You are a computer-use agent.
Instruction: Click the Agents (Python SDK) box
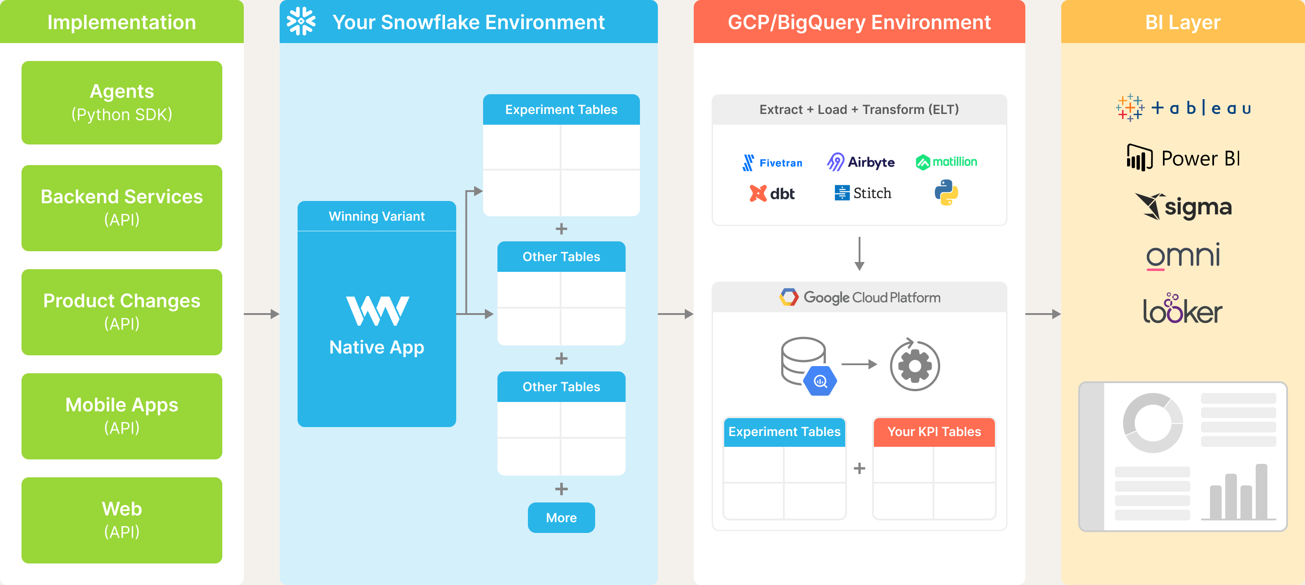point(121,102)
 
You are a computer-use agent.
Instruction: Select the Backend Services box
point(121,208)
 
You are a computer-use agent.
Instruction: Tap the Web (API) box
point(121,520)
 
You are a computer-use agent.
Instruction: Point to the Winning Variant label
point(376,217)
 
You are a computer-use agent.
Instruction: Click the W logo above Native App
point(377,310)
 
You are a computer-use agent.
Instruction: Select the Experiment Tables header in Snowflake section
point(561,109)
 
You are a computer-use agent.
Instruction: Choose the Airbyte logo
point(860,162)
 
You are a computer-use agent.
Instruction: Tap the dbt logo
point(772,194)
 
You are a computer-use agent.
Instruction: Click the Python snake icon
point(946,192)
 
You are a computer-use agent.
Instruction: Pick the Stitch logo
point(863,193)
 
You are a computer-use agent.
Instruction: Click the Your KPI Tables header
point(933,432)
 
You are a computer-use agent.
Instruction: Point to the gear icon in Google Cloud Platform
point(914,366)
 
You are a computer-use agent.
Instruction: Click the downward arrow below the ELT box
point(859,253)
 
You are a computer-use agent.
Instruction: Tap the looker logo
point(1182,309)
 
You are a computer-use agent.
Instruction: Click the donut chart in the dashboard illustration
point(1153,423)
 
